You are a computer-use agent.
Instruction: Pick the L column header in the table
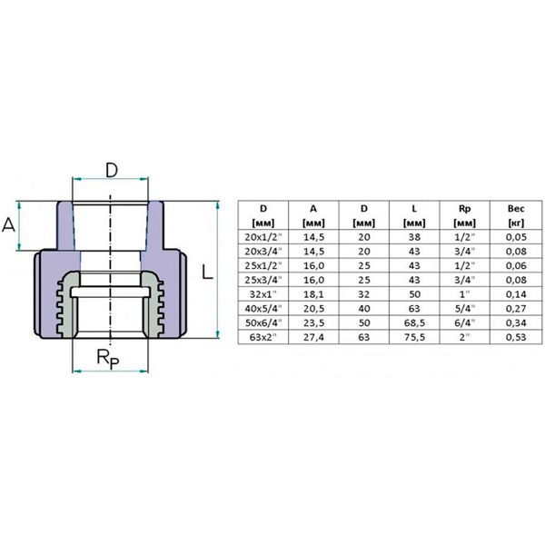click(x=401, y=214)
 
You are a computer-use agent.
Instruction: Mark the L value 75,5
click(x=401, y=336)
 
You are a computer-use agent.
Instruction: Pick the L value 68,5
click(x=401, y=322)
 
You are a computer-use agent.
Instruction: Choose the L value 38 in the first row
click(x=401, y=238)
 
